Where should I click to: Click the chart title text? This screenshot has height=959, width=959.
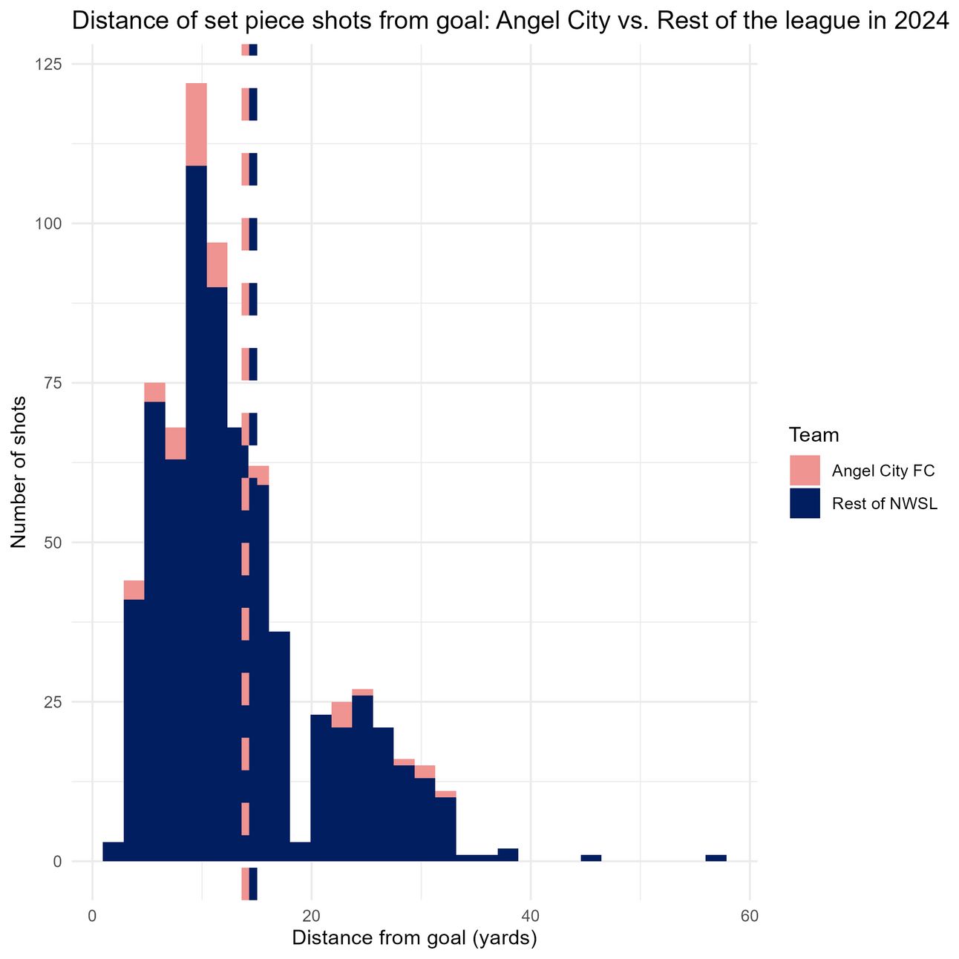point(511,21)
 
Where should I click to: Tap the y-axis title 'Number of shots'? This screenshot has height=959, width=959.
point(19,472)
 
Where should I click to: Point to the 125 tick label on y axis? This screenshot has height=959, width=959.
point(48,64)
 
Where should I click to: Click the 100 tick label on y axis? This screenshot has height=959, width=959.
point(48,224)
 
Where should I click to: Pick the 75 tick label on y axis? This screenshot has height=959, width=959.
point(52,383)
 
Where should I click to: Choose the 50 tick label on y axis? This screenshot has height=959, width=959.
point(52,543)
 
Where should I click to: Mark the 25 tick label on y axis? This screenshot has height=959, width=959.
point(52,702)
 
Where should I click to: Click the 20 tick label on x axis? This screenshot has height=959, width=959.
point(312,916)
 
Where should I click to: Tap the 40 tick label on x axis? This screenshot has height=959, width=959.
point(531,916)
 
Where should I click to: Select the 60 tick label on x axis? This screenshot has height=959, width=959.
point(750,916)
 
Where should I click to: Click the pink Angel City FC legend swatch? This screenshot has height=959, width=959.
point(805,471)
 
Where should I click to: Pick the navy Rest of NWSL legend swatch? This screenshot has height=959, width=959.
point(805,503)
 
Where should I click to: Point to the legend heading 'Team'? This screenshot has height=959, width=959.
point(814,436)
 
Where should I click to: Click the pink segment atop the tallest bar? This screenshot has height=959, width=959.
point(197,125)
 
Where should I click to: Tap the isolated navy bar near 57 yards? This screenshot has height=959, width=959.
point(716,858)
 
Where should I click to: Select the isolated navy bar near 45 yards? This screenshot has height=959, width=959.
point(592,858)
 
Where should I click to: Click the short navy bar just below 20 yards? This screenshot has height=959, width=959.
point(300,851)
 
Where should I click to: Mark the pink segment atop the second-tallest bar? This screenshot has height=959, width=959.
point(217,265)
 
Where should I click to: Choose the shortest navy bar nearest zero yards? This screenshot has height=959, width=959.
point(114,851)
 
